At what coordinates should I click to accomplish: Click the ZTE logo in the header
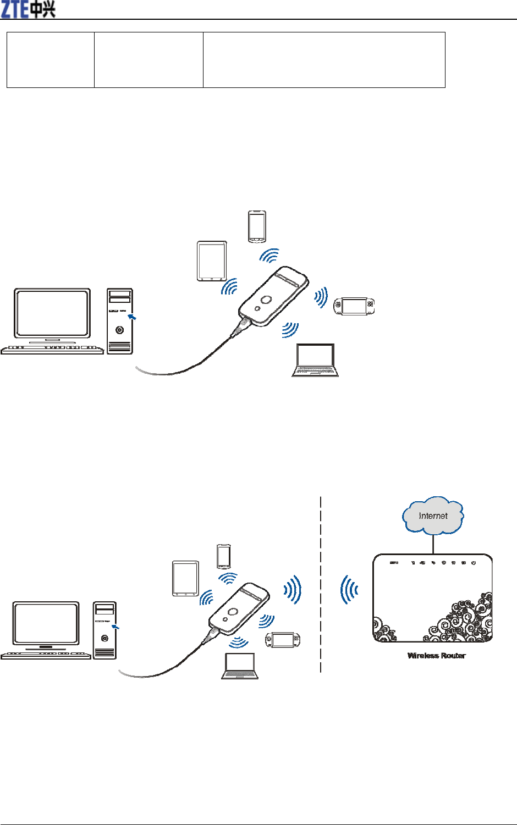tap(28, 9)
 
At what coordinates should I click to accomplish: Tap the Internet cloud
tap(433, 516)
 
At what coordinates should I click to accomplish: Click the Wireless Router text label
tap(436, 655)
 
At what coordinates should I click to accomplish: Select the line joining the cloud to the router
tap(433, 544)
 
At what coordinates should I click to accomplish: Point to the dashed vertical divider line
tap(321, 583)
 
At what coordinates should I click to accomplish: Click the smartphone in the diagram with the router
tap(223, 556)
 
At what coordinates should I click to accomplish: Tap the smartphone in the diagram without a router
tap(257, 226)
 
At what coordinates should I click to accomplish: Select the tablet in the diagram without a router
tap(212, 261)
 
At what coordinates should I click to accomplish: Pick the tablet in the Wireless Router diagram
tap(185, 578)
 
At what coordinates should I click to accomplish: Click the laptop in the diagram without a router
tap(315, 361)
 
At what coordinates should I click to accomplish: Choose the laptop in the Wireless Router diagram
tap(240, 666)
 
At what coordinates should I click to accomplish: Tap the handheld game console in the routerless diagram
tap(354, 306)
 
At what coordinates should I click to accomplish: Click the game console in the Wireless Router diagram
tap(283, 640)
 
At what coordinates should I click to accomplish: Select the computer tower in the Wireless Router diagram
tap(105, 630)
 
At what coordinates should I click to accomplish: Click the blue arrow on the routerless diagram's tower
tap(132, 317)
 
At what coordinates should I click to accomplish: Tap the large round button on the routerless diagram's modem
tap(266, 300)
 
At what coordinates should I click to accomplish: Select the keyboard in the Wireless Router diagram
tap(46, 655)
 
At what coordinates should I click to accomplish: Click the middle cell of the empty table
tap(148, 60)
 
